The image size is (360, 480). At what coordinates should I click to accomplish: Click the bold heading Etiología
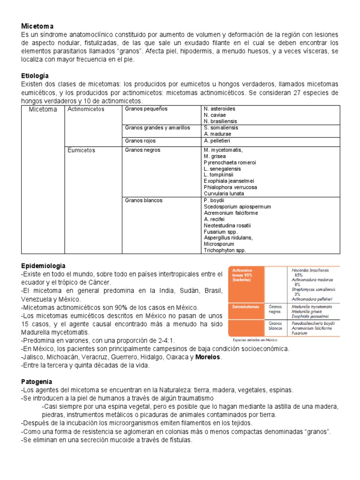pyautogui.click(x=35, y=75)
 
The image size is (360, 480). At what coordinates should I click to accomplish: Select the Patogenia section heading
pyautogui.click(x=37, y=382)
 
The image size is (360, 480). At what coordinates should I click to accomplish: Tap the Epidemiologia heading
pyautogui.click(x=43, y=266)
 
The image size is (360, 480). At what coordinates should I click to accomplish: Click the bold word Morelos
pyautogui.click(x=209, y=357)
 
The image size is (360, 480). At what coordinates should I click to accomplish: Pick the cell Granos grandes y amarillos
pyautogui.click(x=154, y=127)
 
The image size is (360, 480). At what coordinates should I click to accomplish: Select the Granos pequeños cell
pyautogui.click(x=146, y=109)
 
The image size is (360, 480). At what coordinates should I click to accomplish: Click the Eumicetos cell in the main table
pyautogui.click(x=81, y=150)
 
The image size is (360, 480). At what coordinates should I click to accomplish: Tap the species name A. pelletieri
pyautogui.click(x=217, y=141)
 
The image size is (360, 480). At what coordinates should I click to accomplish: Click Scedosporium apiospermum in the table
pyautogui.click(x=237, y=207)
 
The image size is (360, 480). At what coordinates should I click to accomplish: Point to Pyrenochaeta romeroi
pyautogui.click(x=230, y=162)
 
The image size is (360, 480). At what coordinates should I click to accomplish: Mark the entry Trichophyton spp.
pyautogui.click(x=225, y=250)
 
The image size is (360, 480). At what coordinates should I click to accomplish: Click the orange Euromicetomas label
pyautogui.click(x=246, y=306)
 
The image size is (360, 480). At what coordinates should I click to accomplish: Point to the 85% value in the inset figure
pyautogui.click(x=298, y=275)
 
